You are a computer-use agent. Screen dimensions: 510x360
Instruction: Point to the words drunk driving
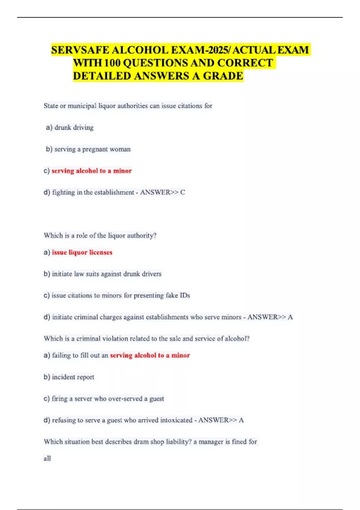tap(74, 127)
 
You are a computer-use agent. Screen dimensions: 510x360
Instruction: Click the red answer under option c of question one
tap(92, 171)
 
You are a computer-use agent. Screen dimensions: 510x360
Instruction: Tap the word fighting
tap(63, 192)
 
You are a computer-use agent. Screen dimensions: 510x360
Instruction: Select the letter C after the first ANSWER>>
tap(183, 192)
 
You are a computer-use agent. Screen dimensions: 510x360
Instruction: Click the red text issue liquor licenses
tap(82, 252)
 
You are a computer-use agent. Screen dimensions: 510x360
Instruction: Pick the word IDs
tap(185, 295)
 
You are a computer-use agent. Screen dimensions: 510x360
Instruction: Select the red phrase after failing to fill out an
tap(150, 355)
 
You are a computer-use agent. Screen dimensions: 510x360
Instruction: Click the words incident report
tap(73, 377)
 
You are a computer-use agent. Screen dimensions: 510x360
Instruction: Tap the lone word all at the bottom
tap(47, 458)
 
